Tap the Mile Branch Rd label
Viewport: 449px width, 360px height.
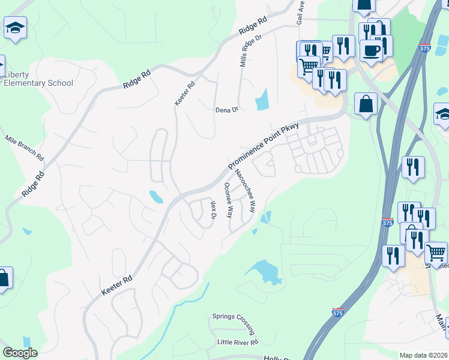(x=25, y=148)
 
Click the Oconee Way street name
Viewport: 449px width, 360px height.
(x=228, y=200)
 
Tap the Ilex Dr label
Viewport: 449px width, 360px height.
(x=212, y=210)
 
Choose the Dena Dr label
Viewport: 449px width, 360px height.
(x=227, y=110)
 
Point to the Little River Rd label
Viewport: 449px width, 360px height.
(x=237, y=342)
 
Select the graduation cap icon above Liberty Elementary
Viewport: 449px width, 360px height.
(x=15, y=28)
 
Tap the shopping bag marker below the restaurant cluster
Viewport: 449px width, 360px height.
(x=366, y=104)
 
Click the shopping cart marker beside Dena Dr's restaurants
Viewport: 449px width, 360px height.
(x=309, y=66)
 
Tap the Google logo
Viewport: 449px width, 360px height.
(x=20, y=353)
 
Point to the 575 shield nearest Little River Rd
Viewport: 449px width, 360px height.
(x=338, y=313)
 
